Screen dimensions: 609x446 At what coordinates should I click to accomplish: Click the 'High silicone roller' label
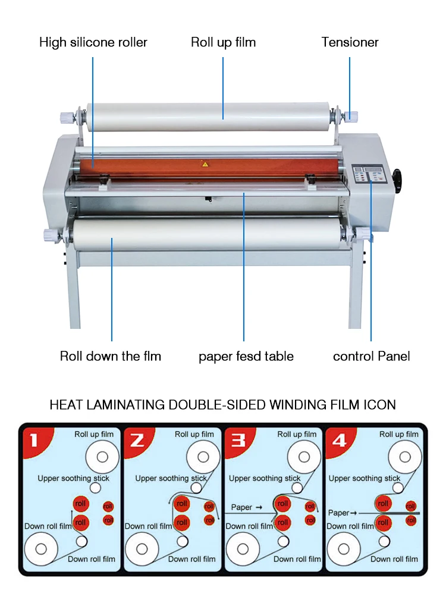(x=93, y=42)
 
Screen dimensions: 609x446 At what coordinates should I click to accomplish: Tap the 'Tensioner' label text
(x=350, y=42)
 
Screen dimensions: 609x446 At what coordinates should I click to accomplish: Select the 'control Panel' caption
(x=371, y=356)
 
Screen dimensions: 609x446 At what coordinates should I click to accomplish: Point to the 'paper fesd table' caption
(x=246, y=356)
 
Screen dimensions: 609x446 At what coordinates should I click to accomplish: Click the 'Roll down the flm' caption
(x=111, y=356)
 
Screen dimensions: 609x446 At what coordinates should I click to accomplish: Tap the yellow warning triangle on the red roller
(x=205, y=164)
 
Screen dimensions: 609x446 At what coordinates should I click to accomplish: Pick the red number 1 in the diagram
(x=33, y=440)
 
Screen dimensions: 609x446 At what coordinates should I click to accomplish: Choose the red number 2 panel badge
(x=137, y=440)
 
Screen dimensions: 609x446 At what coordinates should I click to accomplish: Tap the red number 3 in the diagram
(x=238, y=440)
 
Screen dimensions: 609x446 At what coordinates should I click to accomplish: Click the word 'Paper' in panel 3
(x=242, y=507)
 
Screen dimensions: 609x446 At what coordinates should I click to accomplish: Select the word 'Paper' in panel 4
(x=338, y=512)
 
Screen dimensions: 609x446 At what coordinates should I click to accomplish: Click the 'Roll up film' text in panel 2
(x=194, y=434)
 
